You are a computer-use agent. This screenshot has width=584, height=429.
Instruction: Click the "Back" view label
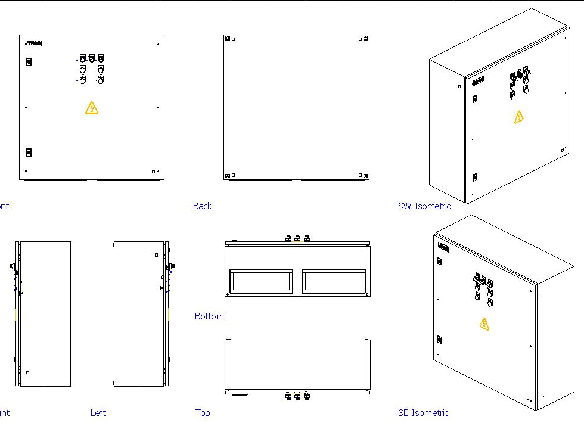202,206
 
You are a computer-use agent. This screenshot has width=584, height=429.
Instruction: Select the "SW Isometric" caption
424,206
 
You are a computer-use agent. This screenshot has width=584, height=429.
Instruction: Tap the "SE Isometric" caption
423,412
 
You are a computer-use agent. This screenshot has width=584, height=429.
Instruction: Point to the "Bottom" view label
209,316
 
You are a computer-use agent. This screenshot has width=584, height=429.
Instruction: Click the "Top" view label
203,412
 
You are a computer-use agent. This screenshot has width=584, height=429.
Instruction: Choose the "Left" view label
98,412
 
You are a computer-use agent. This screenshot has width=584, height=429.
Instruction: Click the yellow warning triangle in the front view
91,108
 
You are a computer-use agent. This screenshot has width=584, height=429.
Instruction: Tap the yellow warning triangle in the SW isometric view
519,117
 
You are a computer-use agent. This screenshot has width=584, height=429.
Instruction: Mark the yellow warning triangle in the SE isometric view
484,324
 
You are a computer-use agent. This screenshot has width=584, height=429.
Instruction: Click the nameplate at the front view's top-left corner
33,43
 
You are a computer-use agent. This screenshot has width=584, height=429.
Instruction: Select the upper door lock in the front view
29,61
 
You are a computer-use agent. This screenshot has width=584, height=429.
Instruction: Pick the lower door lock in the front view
29,153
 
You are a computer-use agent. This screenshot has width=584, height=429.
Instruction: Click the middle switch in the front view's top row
92,58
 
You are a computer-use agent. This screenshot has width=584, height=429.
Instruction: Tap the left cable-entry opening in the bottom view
261,281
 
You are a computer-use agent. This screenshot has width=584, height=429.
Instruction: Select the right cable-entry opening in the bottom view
334,281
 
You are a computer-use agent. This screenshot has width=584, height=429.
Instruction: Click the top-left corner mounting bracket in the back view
228,39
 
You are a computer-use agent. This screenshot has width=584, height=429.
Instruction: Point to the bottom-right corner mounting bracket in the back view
365,176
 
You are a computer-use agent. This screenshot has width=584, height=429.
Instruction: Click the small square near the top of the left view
156,254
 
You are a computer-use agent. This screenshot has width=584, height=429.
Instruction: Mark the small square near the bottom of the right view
27,373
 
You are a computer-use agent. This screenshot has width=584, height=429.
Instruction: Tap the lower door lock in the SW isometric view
475,177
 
